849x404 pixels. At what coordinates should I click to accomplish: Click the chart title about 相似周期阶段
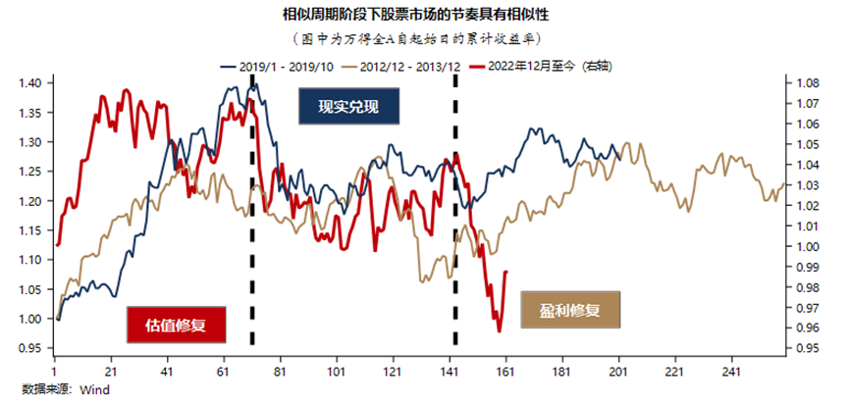[x=423, y=15]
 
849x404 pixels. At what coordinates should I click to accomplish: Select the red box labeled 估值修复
[x=178, y=324]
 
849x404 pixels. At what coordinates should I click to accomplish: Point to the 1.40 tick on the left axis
[x=30, y=83]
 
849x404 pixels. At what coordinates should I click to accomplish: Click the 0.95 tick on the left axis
[x=30, y=348]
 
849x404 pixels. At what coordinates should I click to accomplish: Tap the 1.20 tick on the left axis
[x=30, y=201]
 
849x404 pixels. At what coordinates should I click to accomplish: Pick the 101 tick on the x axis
[x=338, y=373]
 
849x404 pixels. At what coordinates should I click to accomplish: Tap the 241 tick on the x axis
[x=731, y=373]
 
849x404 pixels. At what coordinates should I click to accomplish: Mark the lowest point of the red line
[x=499, y=331]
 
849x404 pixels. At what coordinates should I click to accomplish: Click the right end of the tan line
[x=783, y=184]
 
